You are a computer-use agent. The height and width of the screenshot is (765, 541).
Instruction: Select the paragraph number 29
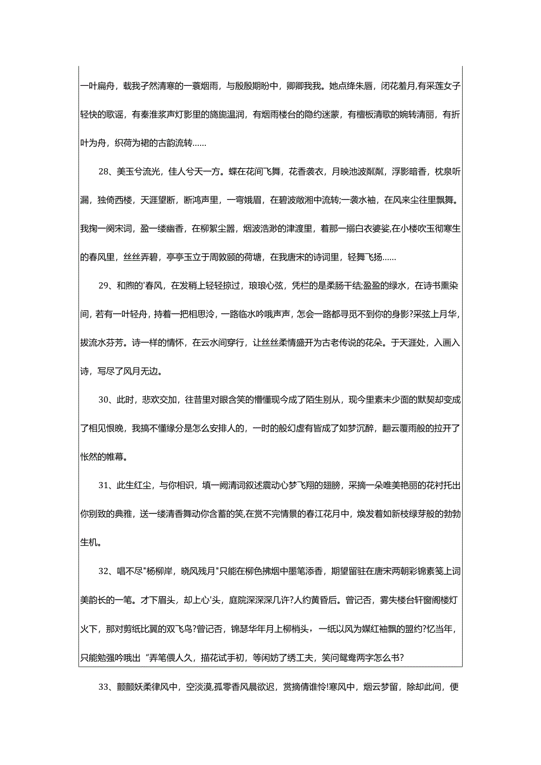tap(104, 286)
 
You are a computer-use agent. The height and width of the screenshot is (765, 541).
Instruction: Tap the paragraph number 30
tap(104, 400)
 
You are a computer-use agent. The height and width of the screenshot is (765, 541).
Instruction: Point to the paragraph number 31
tap(104, 486)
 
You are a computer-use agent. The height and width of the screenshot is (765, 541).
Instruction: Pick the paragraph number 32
tap(104, 572)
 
